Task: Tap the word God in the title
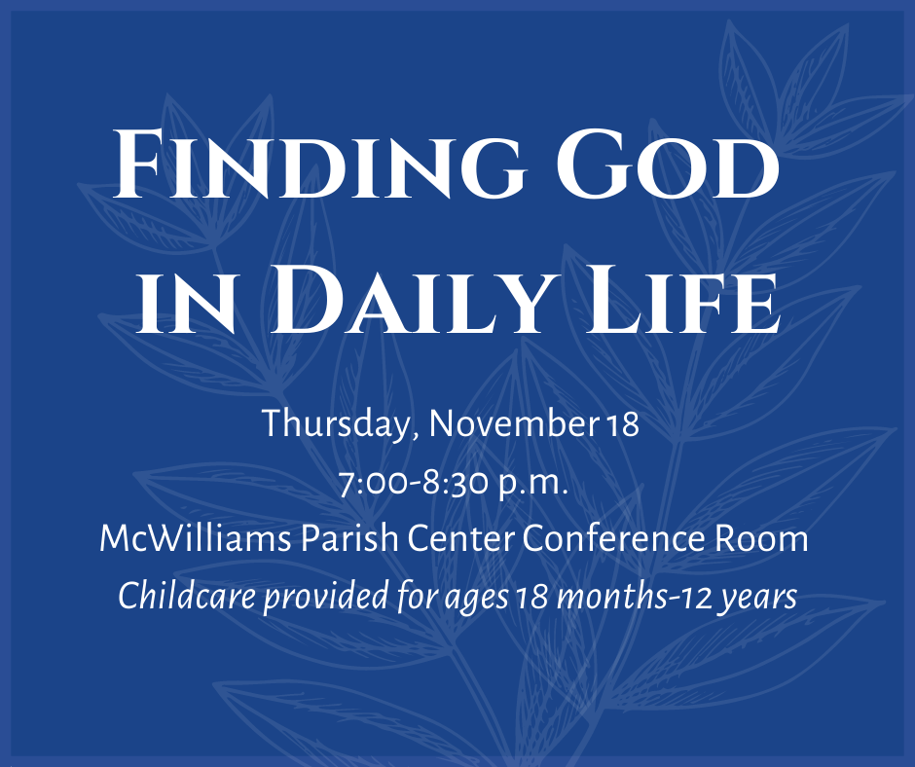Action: [x=668, y=164]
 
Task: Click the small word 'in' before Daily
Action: [x=186, y=307]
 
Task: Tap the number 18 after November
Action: [x=623, y=425]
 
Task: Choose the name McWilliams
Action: [x=195, y=538]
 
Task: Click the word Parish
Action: [x=349, y=538]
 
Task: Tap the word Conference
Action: [x=613, y=538]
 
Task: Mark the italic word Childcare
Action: [x=187, y=596]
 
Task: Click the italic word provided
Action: [x=326, y=598]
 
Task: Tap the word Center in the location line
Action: [x=459, y=538]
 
